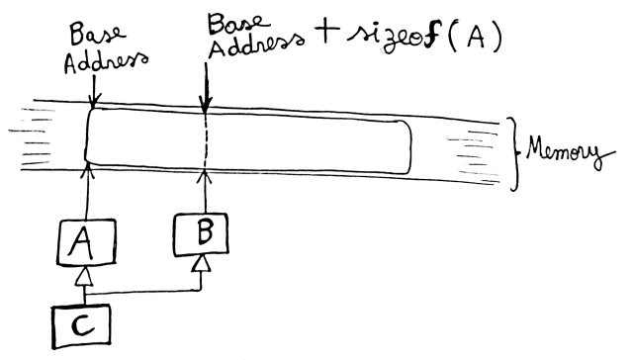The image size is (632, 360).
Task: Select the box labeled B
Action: click(x=205, y=232)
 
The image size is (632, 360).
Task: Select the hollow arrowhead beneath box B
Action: click(x=203, y=262)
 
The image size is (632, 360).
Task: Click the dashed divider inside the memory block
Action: click(x=206, y=143)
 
